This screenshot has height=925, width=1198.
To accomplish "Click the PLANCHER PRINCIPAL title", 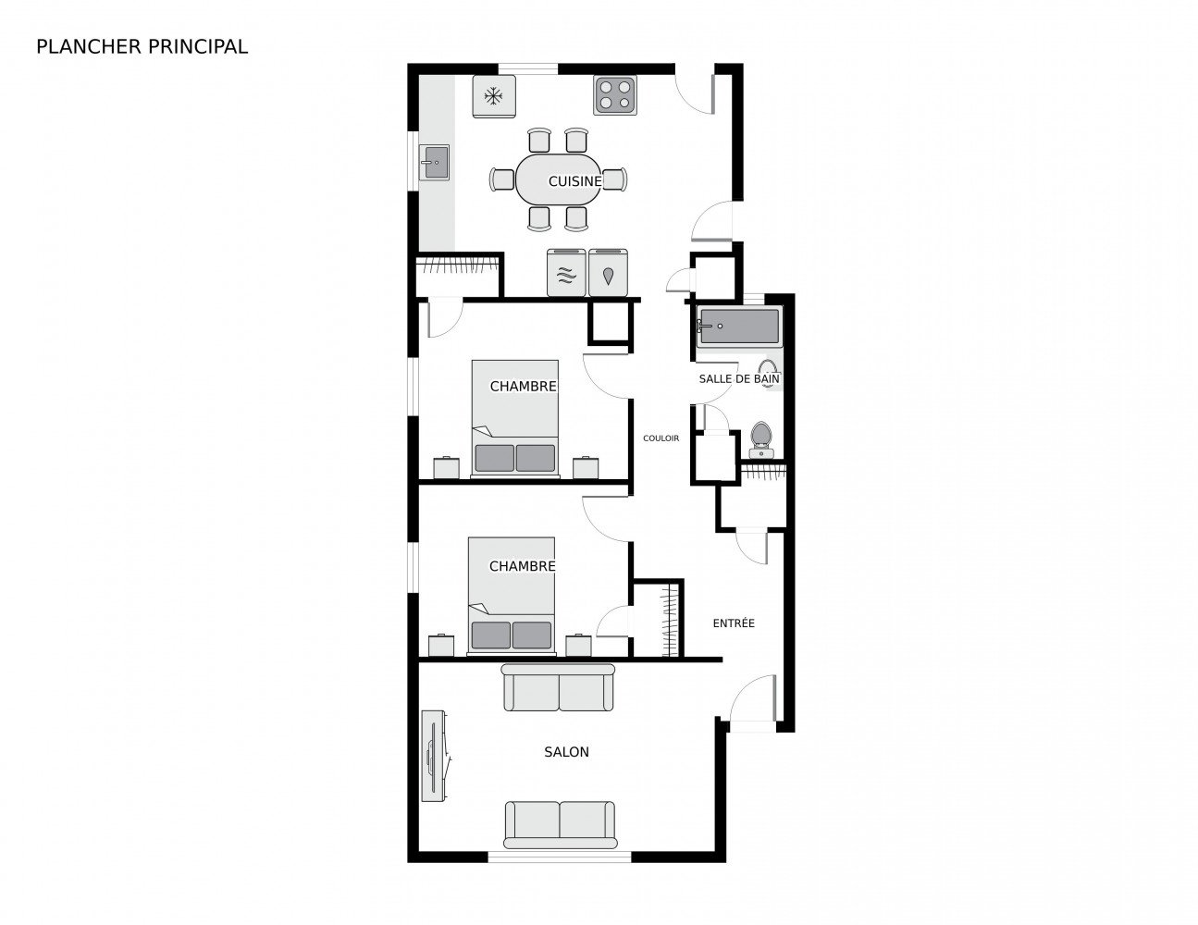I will [142, 47].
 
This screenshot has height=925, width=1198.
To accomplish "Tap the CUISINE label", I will [574, 181].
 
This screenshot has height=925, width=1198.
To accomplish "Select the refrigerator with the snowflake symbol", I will [494, 96].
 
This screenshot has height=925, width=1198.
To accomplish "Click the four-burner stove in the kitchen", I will [615, 94].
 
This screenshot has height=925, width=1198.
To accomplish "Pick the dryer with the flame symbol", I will [608, 274].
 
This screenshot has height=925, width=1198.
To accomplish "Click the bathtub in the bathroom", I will [739, 327].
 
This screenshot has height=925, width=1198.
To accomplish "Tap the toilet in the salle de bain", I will [761, 438].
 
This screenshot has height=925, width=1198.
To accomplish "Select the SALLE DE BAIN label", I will [738, 378].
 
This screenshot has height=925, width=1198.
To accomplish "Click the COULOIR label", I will [661, 438].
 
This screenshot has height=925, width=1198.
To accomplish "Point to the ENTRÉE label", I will [734, 623].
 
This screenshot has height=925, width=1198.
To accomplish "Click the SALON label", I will [566, 752].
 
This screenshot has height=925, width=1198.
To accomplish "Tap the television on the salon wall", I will [433, 755].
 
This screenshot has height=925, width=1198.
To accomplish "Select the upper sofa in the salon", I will [559, 688].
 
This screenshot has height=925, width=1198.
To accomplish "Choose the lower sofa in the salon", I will [560, 824].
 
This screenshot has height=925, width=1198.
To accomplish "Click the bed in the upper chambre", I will [514, 418].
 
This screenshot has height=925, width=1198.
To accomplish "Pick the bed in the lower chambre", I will [512, 596].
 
